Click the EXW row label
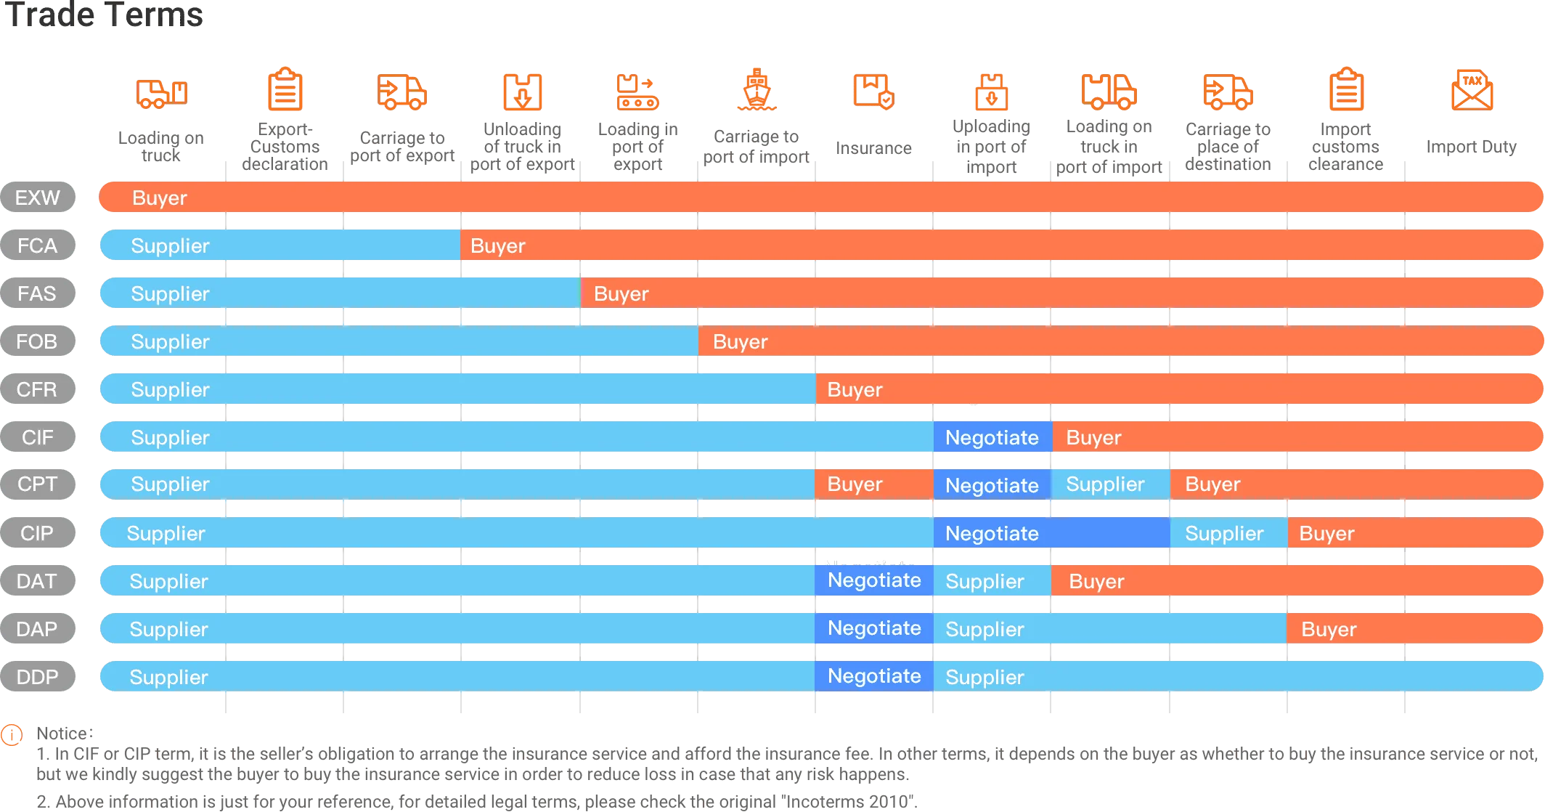[x=38, y=198]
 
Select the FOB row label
[x=38, y=341]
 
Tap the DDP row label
[x=38, y=677]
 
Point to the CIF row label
[x=38, y=437]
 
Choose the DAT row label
[x=38, y=581]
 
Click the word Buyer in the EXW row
[x=160, y=198]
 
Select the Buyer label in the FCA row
[x=498, y=245]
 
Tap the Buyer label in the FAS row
[x=621, y=293]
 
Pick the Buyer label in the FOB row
[x=741, y=341]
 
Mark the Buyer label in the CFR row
[x=855, y=389]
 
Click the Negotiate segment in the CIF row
[x=992, y=437]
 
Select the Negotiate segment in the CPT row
[x=992, y=485]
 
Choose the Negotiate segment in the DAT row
[x=874, y=580]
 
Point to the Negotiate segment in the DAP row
[x=874, y=628]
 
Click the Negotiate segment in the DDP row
[x=874, y=676]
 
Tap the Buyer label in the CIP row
[x=1327, y=533]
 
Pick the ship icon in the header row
[x=757, y=92]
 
